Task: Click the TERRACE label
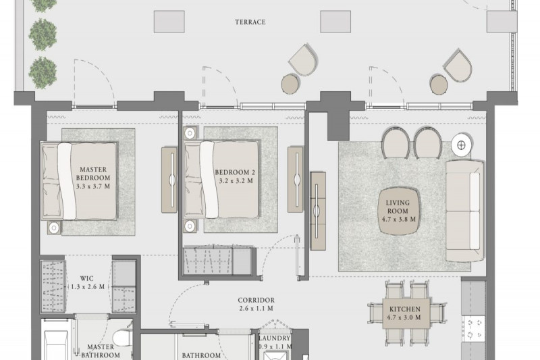250,22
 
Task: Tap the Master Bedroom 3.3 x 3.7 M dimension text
93,186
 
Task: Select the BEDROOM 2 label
235,172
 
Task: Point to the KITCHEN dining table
406,313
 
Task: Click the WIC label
86,278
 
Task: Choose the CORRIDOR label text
256,301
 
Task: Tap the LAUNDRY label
275,338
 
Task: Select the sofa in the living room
465,211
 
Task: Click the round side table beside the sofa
462,145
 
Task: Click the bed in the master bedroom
79,181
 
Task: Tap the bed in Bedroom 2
221,180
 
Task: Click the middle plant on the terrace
43,34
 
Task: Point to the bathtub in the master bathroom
57,345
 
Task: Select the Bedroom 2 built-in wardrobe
220,260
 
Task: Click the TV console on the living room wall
317,211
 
